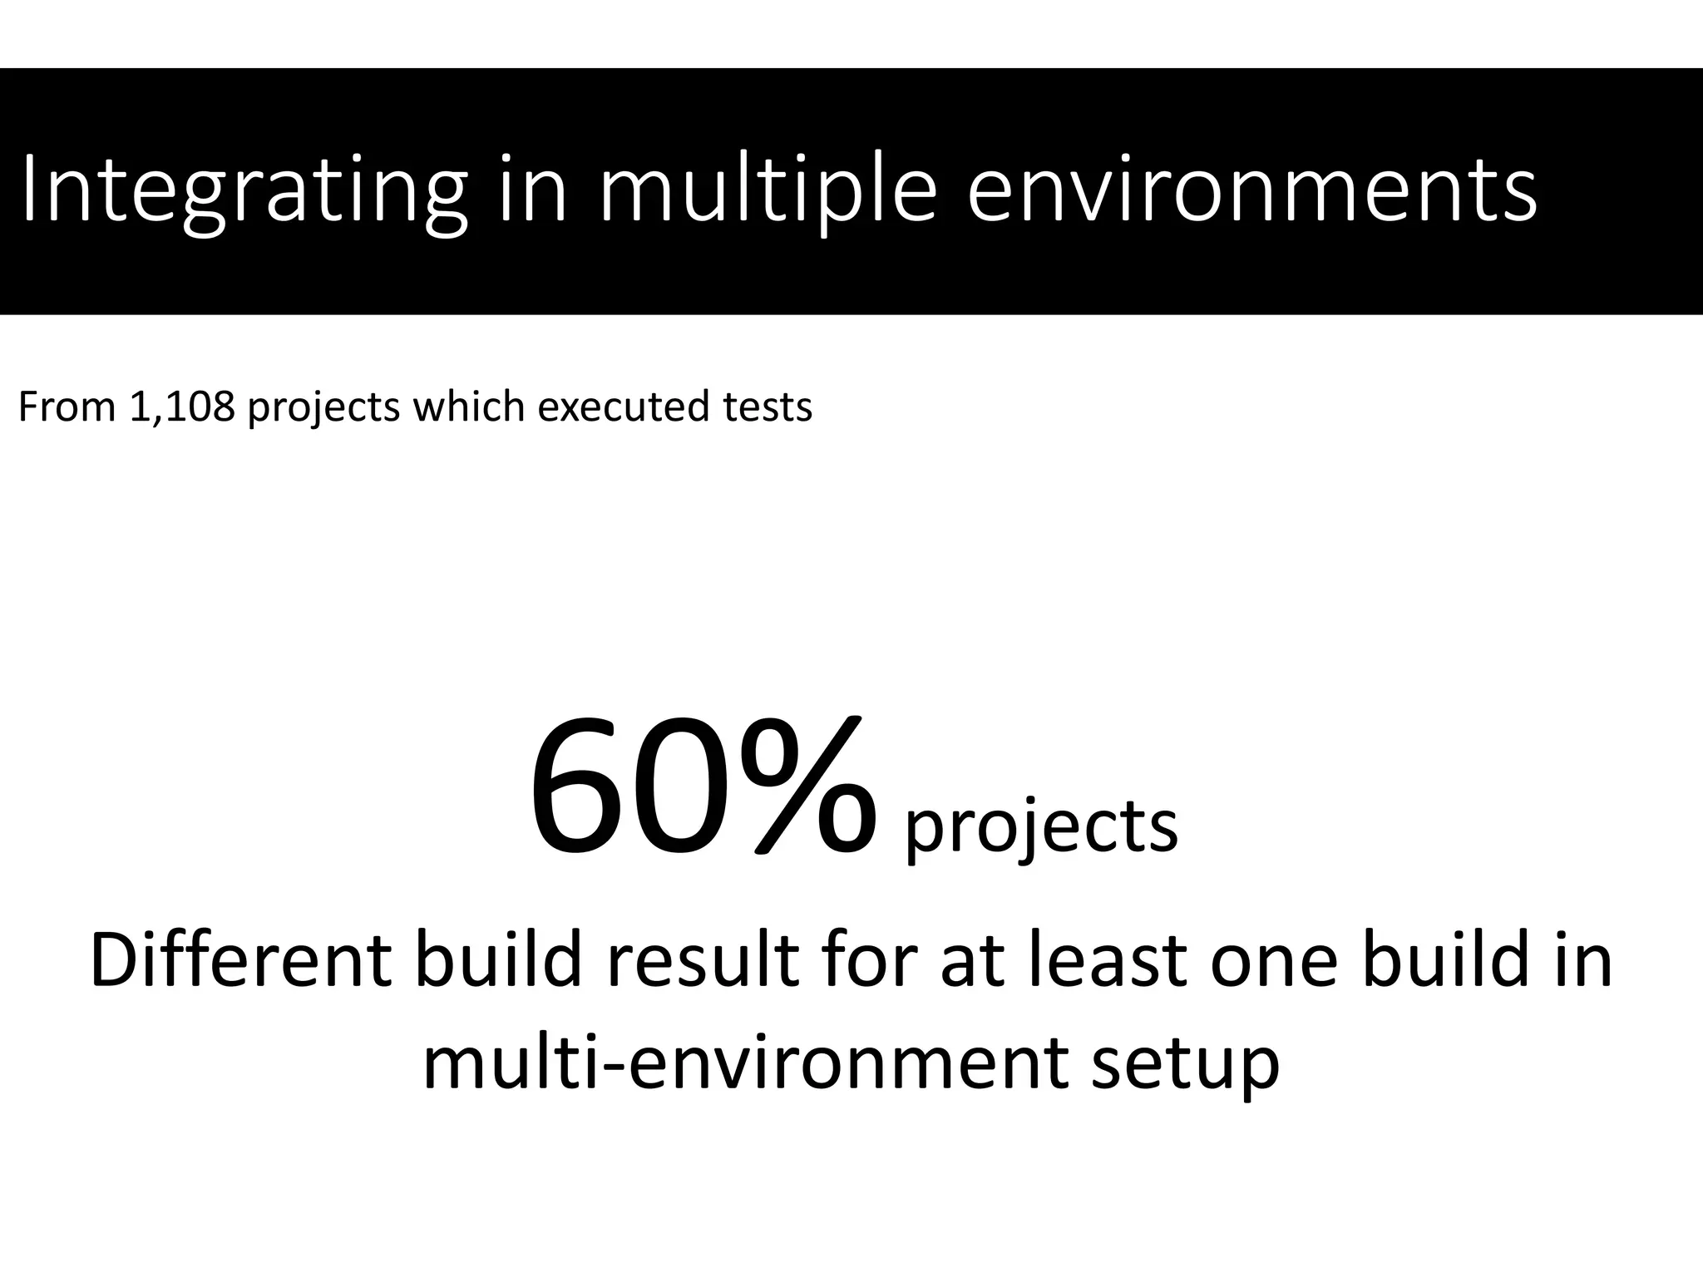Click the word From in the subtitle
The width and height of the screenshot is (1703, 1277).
67,407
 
